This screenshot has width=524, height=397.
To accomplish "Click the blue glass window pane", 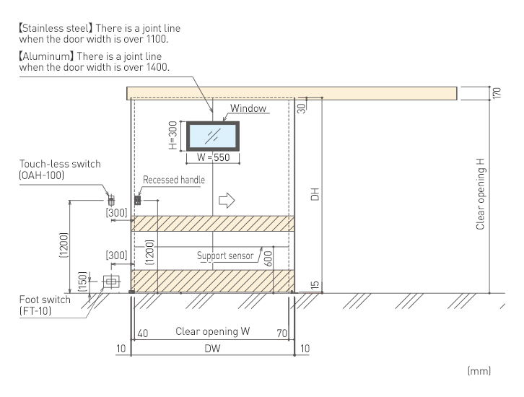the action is (x=213, y=136).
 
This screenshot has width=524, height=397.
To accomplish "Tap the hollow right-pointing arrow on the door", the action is (x=227, y=200).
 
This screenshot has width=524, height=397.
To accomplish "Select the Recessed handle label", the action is (x=174, y=180).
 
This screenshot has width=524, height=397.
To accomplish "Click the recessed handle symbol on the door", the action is (x=137, y=200).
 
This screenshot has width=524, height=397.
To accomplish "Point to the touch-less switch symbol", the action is (x=111, y=201).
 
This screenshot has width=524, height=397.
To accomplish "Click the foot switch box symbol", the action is (x=111, y=282).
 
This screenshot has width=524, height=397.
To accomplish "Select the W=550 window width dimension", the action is (x=213, y=157).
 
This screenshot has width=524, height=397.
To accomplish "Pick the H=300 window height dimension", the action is (x=173, y=136).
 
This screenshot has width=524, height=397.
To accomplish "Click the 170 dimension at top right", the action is (x=497, y=92).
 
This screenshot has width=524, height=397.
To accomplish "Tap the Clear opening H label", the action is (x=480, y=194).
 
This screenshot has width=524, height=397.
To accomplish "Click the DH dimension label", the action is (x=315, y=194).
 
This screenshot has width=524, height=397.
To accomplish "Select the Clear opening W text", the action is (x=212, y=331).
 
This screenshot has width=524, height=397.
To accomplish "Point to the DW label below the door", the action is (x=212, y=349).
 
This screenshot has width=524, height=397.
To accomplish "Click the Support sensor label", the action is (x=225, y=256).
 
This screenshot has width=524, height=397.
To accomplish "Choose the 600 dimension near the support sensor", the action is (x=268, y=258).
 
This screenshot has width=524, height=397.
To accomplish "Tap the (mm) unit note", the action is (x=479, y=370).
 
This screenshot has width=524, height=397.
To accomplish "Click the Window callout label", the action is (x=248, y=108).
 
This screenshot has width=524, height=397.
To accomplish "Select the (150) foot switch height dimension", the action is (x=82, y=282).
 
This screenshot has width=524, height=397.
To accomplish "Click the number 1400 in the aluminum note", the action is (x=157, y=67).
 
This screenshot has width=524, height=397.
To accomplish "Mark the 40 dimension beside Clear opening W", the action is (x=143, y=333).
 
